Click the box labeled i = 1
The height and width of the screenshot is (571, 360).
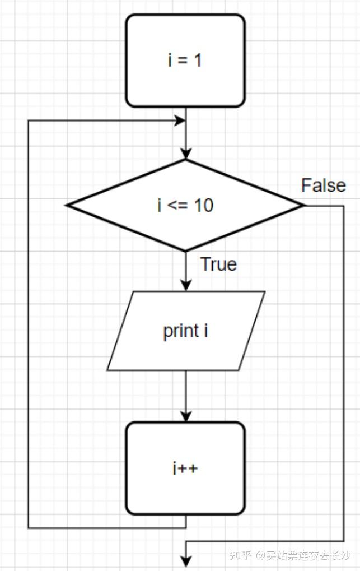tap(185, 61)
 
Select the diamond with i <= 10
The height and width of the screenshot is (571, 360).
tap(185, 205)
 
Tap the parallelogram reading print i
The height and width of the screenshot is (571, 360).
tap(185, 331)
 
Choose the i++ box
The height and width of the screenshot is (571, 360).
tap(185, 468)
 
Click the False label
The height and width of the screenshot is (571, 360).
tap(323, 185)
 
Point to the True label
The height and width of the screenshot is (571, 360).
tap(218, 264)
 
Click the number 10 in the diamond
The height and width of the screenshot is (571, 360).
tap(204, 206)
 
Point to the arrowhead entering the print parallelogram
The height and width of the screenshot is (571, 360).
tap(186, 286)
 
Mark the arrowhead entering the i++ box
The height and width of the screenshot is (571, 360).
tap(186, 417)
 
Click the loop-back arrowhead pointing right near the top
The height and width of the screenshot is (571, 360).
tap(180, 120)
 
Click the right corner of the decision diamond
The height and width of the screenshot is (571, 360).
tap(304, 205)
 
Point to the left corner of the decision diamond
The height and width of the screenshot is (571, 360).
tap(67, 205)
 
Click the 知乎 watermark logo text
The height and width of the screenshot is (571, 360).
tap(241, 555)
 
